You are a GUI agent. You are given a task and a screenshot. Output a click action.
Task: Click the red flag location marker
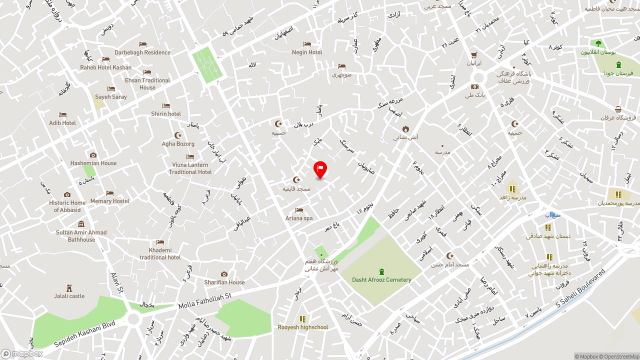tap(320, 169)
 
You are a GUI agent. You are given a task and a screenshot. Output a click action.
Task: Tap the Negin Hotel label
tap(307, 52)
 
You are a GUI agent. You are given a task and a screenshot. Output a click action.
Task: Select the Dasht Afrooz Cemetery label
tap(381, 280)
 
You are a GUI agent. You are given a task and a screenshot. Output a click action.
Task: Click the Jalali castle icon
tap(69, 288)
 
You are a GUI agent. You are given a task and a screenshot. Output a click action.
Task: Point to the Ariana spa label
tap(299, 218)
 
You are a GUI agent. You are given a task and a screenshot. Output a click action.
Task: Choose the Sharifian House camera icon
tap(224, 274)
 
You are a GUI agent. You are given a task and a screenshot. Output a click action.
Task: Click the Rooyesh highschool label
tap(303, 327)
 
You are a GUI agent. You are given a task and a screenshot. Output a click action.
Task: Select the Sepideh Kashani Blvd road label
tap(84, 333)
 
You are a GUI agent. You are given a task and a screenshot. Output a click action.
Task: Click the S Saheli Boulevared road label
tap(580, 288)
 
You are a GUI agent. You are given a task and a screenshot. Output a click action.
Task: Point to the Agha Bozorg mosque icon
tap(178, 135)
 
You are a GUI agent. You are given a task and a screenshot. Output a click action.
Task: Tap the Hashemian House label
tap(93, 163)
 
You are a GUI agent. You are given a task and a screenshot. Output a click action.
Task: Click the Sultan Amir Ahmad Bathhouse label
tap(81, 236)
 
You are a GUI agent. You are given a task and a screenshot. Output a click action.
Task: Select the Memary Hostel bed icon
tap(109, 193)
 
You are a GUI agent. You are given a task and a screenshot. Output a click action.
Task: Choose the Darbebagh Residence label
tap(142, 52)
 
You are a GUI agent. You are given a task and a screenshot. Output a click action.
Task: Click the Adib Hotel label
tap(62, 123)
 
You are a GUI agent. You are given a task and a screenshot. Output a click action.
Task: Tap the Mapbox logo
tap(22, 354)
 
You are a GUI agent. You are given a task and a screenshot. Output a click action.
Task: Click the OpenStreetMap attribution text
tap(621, 356)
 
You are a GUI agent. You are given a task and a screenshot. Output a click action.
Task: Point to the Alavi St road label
tap(117, 282)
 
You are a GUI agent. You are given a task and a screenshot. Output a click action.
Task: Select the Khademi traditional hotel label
tap(160, 254)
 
